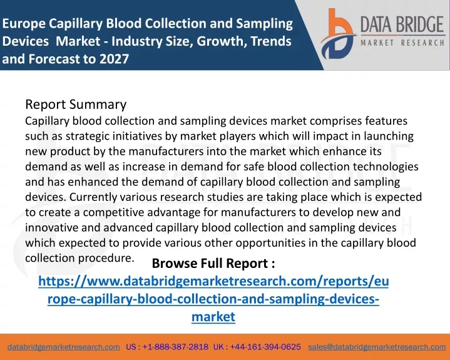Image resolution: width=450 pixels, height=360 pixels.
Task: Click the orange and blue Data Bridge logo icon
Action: click(338, 34)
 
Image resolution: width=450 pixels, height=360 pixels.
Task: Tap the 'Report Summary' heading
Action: click(76, 105)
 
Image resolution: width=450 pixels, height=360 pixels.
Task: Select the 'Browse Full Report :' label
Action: click(213, 263)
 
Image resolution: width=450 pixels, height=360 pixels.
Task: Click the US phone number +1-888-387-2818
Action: click(167, 347)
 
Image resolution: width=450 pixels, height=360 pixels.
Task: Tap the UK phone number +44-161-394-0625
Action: click(257, 347)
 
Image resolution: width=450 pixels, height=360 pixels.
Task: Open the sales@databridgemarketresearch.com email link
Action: click(377, 347)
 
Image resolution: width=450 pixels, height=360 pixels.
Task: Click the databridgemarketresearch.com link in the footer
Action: click(63, 347)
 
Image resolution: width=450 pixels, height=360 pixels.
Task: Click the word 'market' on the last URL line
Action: click(213, 317)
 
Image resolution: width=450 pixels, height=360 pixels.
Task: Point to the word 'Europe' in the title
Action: click(24, 24)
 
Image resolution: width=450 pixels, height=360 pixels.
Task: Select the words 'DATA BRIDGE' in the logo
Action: click(402, 24)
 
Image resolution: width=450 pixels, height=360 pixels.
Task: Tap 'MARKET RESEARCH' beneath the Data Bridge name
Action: click(402, 43)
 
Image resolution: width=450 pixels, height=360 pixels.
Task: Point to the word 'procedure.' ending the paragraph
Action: click(106, 259)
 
